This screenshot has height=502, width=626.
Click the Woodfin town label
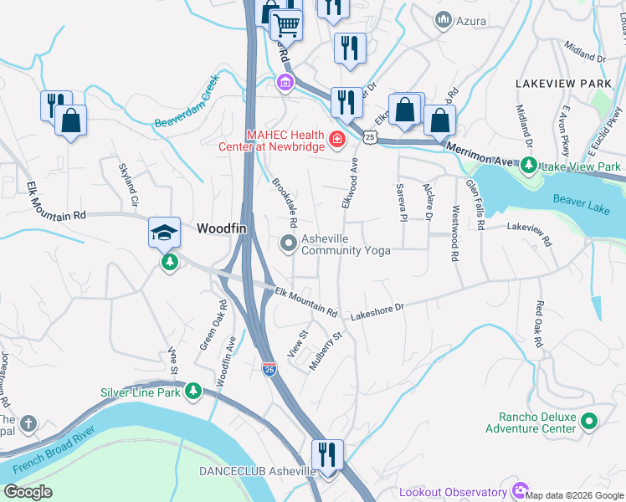(220, 228)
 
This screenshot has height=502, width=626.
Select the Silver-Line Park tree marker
(193, 391)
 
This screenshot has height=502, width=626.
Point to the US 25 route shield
(370, 135)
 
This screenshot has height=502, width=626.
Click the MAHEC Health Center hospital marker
(337, 139)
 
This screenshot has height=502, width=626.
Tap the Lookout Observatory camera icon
(521, 491)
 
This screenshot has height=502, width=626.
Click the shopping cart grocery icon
(286, 25)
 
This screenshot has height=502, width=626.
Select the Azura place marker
(443, 18)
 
